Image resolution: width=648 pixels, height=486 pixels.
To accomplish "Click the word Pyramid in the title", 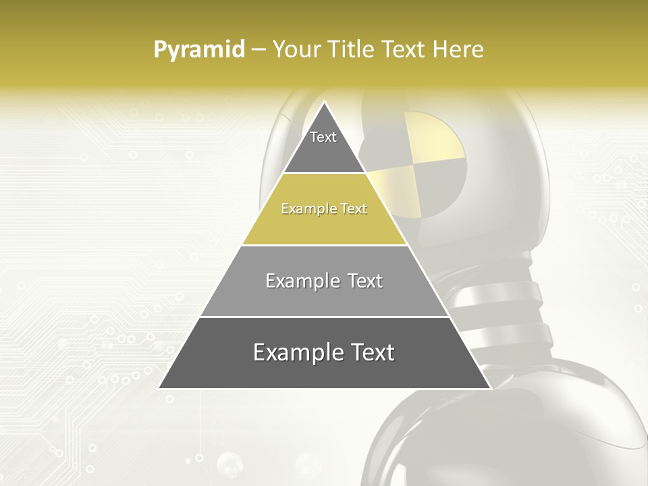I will pyautogui.click(x=199, y=50).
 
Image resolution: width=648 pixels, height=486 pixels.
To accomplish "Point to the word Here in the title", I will pyautogui.click(x=458, y=50).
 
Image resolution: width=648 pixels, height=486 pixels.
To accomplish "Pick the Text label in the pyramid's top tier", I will pyautogui.click(x=323, y=137).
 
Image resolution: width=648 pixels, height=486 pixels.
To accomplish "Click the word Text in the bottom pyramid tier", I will pyautogui.click(x=372, y=352).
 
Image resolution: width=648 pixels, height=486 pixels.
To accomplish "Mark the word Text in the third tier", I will pyautogui.click(x=366, y=281).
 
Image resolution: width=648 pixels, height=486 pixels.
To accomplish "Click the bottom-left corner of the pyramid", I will pyautogui.click(x=159, y=388).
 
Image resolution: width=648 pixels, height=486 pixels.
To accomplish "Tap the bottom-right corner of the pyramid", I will pyautogui.click(x=490, y=388).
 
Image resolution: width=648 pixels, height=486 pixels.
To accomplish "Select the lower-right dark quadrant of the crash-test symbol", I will pyautogui.click(x=442, y=186).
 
